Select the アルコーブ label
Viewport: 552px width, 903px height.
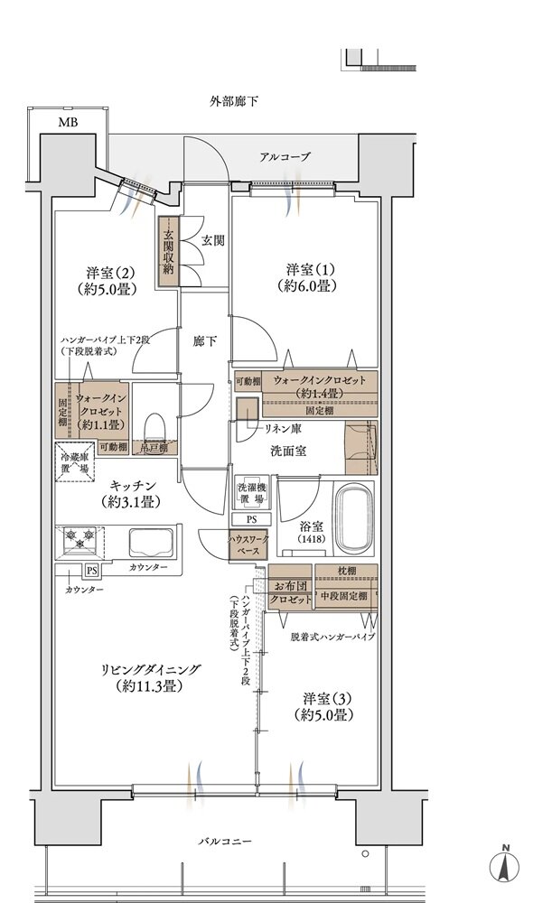pos(285,157)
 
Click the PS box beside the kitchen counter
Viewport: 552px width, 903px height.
pos(91,570)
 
